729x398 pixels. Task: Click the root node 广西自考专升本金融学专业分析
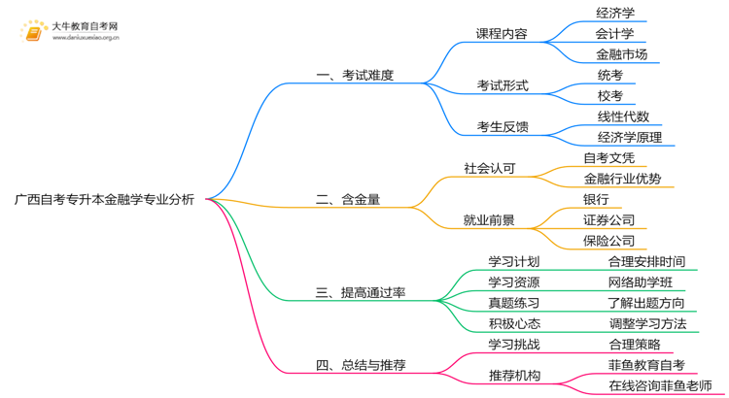coord(104,200)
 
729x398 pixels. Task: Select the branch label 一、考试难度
coord(355,75)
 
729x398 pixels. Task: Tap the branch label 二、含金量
coord(348,200)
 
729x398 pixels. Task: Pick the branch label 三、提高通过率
coord(361,292)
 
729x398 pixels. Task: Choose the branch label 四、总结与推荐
coord(361,366)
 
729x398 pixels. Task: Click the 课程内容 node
coord(502,33)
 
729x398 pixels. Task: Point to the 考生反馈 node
coord(502,126)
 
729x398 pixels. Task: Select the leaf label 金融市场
coord(621,54)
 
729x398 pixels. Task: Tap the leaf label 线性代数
coord(623,116)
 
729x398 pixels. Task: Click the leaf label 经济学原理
coord(630,137)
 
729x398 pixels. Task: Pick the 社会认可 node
coord(489,168)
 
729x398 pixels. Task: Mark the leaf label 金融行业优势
coord(622,179)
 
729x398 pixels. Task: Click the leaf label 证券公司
coord(608,220)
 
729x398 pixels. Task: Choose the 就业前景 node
coord(489,220)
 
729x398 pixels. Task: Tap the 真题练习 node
coord(513,303)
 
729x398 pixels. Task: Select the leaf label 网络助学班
coord(640,282)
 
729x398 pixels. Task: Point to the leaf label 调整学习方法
coord(647,324)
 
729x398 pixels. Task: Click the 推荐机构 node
coord(513,376)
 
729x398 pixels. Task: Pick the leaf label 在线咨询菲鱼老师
coord(660,386)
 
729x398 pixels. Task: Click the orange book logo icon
coord(33,33)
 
